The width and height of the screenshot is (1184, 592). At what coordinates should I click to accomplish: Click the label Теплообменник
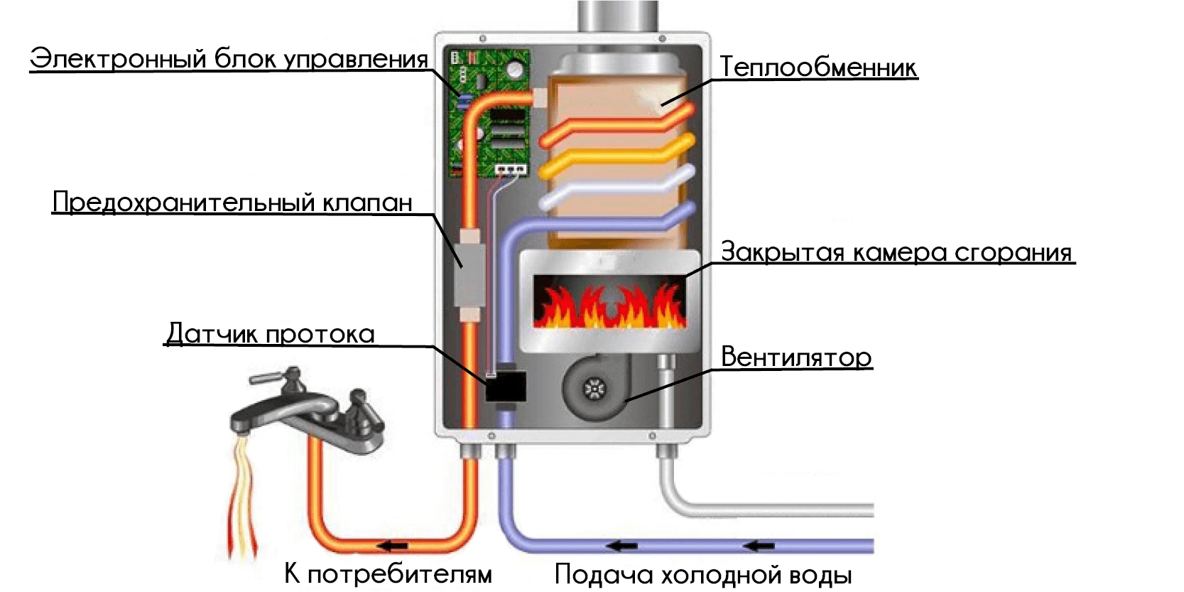pos(818,68)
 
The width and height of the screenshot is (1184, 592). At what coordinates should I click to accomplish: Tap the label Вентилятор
pos(795,357)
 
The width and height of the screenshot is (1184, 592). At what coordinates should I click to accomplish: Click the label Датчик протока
pos(270,334)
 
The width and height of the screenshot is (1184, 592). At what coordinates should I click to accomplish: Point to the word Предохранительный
pos(184,203)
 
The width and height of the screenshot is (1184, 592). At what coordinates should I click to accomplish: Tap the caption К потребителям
pos(388,574)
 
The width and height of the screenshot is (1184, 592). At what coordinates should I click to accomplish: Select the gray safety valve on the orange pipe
pos(469,274)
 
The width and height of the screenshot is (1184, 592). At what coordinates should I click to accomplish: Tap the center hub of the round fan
pos(592,389)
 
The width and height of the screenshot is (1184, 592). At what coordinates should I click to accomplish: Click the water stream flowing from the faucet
pos(242,497)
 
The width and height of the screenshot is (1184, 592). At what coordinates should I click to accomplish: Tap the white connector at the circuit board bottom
pos(511,169)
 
